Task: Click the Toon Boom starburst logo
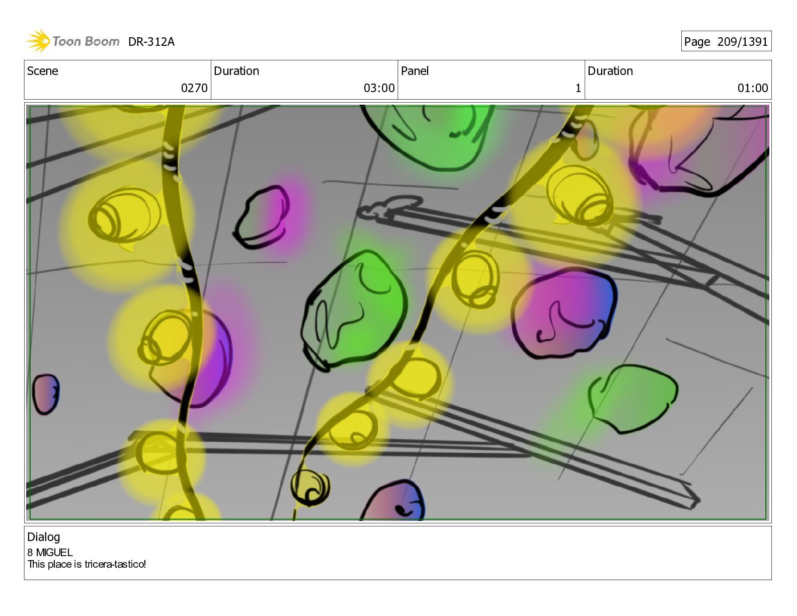coord(38,41)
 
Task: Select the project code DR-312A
coord(151,42)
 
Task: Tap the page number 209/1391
coord(742,42)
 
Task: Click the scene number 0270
coord(194,88)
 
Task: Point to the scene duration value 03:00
coord(379,88)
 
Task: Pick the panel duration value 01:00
coord(753,88)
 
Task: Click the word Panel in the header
coord(415,71)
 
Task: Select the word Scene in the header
coord(43,71)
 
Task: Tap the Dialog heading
coord(44,537)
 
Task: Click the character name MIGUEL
coord(54,553)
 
